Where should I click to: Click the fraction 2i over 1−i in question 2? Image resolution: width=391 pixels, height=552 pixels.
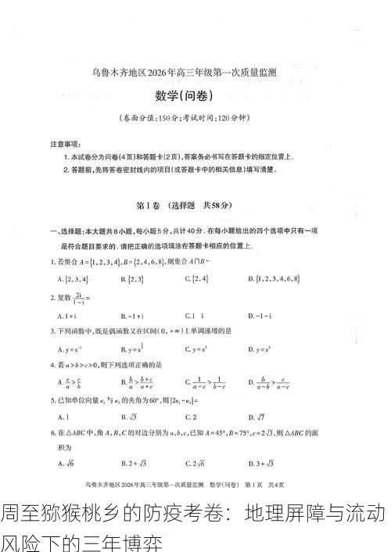81,298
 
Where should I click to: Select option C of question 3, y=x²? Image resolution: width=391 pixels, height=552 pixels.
198,349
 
